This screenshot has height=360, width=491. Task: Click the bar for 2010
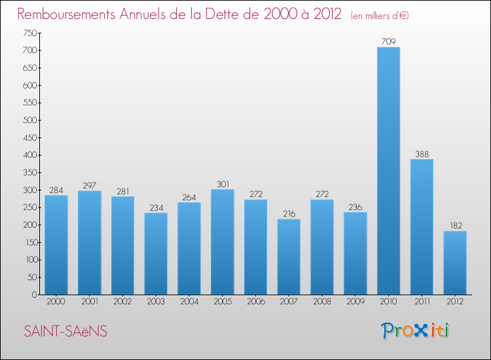tap(388, 171)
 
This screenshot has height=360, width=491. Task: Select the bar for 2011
tap(422, 226)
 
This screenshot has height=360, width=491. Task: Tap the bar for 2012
tap(455, 262)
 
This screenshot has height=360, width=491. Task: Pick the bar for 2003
tap(156, 253)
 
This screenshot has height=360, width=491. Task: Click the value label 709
tap(388, 42)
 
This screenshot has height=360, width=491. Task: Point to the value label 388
tap(422, 154)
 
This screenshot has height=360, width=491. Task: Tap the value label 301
tap(222, 185)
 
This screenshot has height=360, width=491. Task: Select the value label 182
tap(455, 226)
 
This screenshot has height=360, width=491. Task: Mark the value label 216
tap(289, 214)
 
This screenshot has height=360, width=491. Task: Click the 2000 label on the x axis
tap(56, 302)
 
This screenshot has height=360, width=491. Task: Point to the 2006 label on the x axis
tap(255, 302)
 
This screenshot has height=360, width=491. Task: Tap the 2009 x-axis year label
tap(355, 302)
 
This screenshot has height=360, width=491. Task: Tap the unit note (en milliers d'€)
tap(380, 15)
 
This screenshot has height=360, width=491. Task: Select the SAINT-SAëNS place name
tap(65, 332)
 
